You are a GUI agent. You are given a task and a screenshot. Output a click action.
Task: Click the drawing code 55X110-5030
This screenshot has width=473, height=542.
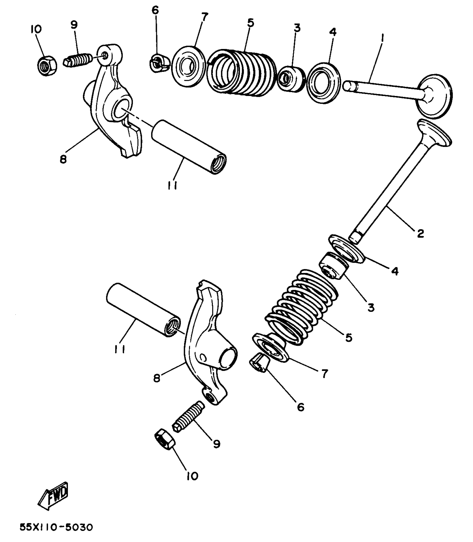coord(56,527)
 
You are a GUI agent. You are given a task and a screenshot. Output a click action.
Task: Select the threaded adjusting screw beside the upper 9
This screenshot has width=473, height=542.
coord(78,59)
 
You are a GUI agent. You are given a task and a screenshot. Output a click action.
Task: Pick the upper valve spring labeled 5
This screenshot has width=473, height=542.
coord(242,73)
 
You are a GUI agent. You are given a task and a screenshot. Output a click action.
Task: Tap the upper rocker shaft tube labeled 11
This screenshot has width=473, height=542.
coord(189,147)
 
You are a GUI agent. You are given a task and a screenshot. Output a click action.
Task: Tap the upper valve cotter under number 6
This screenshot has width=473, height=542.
coord(160,63)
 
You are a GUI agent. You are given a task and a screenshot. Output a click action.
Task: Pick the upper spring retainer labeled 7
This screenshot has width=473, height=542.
coord(188,66)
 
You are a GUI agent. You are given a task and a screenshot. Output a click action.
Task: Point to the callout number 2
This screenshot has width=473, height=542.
coord(420,233)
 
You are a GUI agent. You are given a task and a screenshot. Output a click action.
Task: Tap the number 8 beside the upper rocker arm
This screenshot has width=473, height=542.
coord(63,159)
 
